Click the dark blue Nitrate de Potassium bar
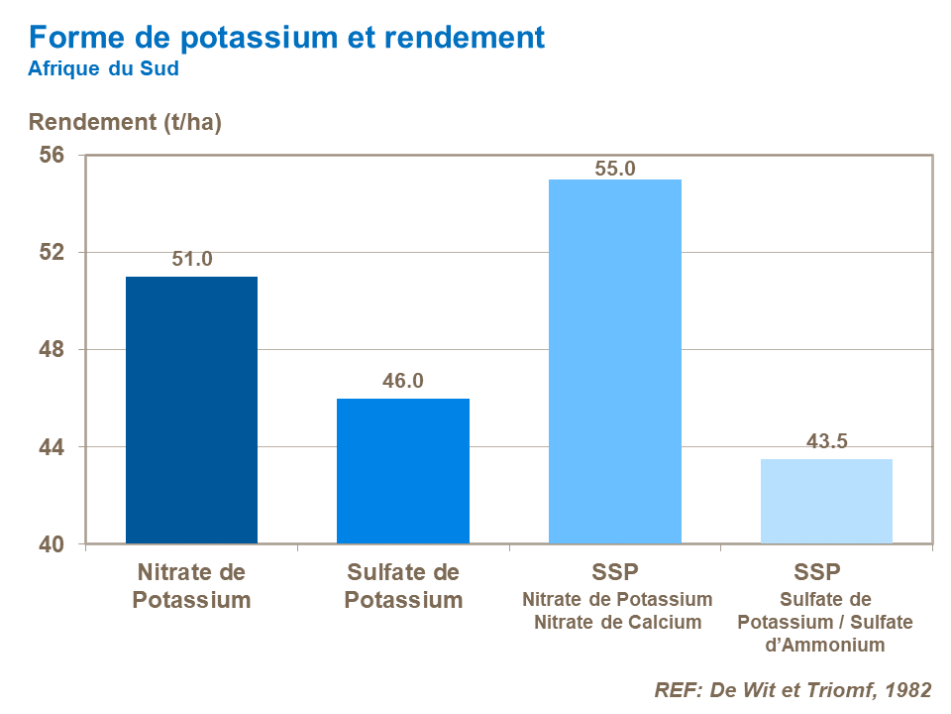191,410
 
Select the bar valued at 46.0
403,471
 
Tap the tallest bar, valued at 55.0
615,361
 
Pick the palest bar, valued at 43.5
826,501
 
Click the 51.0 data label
192,260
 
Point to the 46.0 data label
403,382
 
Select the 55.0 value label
615,169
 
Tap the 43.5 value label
826,442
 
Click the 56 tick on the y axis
53,156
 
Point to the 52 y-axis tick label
53,253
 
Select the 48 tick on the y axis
53,350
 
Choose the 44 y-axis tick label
53,447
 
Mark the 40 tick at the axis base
53,544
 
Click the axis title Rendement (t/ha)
125,123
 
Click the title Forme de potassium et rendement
286,38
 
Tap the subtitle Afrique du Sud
104,69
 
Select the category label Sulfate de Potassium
404,586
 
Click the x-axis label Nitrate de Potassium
192,586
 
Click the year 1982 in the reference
906,690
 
